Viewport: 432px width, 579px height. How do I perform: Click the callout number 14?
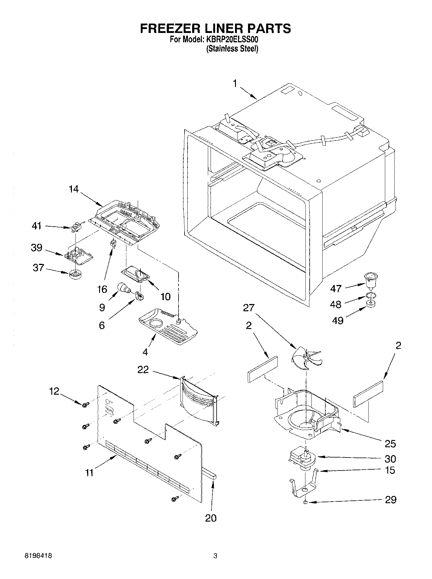[73, 189]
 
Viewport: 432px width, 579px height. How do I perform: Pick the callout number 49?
[338, 320]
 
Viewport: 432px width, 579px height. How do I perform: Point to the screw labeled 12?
[85, 404]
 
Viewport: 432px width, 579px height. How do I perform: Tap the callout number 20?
[211, 518]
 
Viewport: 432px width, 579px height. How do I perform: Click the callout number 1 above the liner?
[236, 83]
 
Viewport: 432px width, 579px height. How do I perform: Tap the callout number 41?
[37, 226]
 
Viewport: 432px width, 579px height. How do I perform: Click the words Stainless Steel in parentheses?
[232, 49]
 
